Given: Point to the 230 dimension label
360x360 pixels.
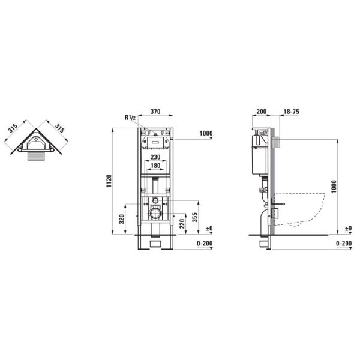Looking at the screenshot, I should [x=155, y=158].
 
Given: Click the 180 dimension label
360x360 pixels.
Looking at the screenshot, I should [x=155, y=166].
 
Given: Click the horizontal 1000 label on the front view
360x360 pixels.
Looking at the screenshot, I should [x=206, y=134].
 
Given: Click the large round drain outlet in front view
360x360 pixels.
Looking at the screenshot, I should [x=155, y=213].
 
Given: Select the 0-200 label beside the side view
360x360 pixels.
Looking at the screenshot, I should [x=343, y=244].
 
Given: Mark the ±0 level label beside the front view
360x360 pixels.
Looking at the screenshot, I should [x=209, y=229].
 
